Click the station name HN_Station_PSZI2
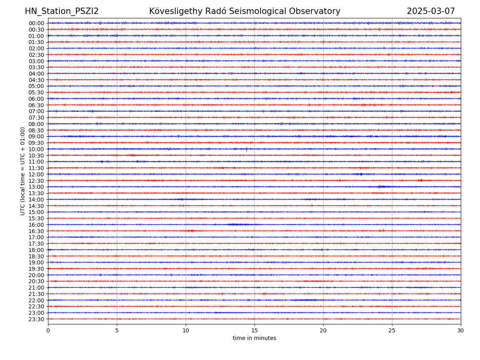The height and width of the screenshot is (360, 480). click(62, 11)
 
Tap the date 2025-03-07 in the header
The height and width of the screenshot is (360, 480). click(431, 11)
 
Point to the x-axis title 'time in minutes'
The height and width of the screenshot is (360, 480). click(254, 338)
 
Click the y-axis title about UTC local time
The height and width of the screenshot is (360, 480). click(23, 171)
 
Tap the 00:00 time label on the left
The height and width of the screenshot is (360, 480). click(36, 23)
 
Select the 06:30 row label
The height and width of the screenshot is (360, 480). click(36, 105)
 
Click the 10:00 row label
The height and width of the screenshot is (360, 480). click(36, 149)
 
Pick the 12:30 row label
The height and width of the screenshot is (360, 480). click(36, 181)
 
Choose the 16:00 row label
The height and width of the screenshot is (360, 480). click(36, 225)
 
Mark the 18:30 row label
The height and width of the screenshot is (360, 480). click(36, 256)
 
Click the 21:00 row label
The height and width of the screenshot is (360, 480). click(36, 288)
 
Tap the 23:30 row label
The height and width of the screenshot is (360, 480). click(36, 319)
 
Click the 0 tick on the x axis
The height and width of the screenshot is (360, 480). click(48, 330)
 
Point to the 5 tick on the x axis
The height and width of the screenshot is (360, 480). click(117, 330)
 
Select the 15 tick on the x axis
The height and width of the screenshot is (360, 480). click(254, 330)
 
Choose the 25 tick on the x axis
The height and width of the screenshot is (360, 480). click(392, 330)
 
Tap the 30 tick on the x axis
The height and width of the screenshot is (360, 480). click(461, 330)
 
